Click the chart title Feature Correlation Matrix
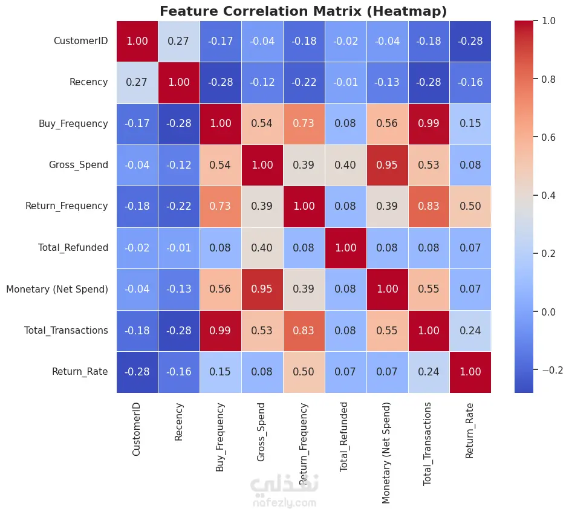tap(261, 11)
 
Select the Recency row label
tap(88, 82)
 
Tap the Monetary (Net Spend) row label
tap(57, 289)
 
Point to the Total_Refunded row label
tap(73, 248)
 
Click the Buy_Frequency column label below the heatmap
tap(220, 437)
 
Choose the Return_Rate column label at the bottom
tap(469, 430)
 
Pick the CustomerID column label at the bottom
tap(136, 429)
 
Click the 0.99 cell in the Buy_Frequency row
tap(429, 124)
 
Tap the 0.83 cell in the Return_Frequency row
tap(429, 207)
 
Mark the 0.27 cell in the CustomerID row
tap(179, 41)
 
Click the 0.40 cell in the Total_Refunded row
tap(262, 248)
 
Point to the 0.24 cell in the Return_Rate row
tap(429, 372)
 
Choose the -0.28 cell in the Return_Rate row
tap(137, 372)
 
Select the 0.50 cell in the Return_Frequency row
tap(470, 207)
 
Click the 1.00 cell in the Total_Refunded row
tap(346, 248)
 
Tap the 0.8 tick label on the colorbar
tap(548, 79)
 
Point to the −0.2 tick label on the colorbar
tap(552, 370)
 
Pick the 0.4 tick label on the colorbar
tap(548, 195)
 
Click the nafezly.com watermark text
tap(284, 503)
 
